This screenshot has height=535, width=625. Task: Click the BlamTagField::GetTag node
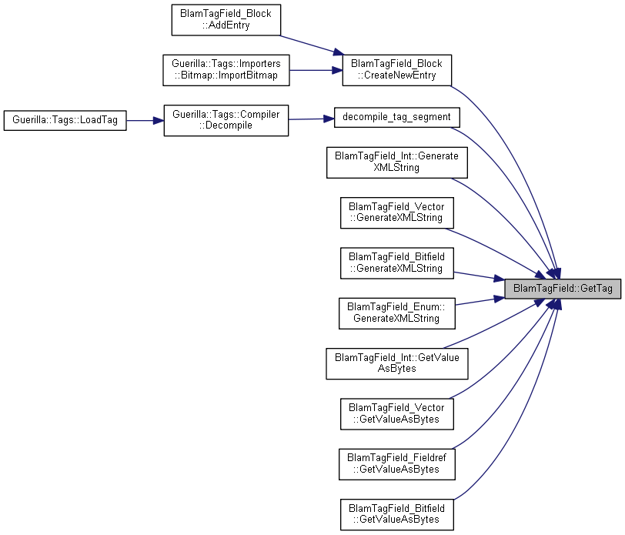(x=563, y=289)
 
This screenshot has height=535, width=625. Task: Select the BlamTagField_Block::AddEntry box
(x=226, y=20)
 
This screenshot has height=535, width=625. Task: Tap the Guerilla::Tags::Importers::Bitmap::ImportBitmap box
(x=226, y=70)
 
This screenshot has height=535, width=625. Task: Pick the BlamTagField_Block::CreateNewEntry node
(x=396, y=70)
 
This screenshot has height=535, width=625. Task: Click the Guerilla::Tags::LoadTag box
(x=65, y=120)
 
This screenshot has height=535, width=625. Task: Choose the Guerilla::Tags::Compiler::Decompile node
(x=226, y=120)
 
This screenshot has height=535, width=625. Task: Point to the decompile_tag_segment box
(x=396, y=118)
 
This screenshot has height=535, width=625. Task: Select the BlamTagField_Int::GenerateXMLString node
(x=396, y=162)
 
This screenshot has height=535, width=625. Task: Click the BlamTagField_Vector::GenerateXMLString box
(x=396, y=213)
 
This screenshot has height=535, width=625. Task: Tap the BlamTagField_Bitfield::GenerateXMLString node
(x=396, y=263)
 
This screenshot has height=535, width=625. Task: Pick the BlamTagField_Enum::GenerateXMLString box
(x=396, y=313)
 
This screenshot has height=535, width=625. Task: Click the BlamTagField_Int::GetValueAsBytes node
(x=396, y=363)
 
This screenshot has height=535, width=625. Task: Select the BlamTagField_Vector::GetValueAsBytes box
(x=396, y=414)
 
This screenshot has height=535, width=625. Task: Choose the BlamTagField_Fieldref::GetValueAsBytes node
(x=396, y=464)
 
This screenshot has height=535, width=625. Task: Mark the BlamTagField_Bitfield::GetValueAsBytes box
(x=396, y=514)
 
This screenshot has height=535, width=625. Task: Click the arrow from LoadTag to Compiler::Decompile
(x=145, y=120)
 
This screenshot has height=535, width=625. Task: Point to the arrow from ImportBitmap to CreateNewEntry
(x=316, y=70)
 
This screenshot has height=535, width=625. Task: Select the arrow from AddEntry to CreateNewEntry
(x=312, y=45)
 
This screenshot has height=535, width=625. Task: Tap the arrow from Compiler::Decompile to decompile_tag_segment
(x=311, y=119)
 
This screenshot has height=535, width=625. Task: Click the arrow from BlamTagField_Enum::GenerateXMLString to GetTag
(x=480, y=302)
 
